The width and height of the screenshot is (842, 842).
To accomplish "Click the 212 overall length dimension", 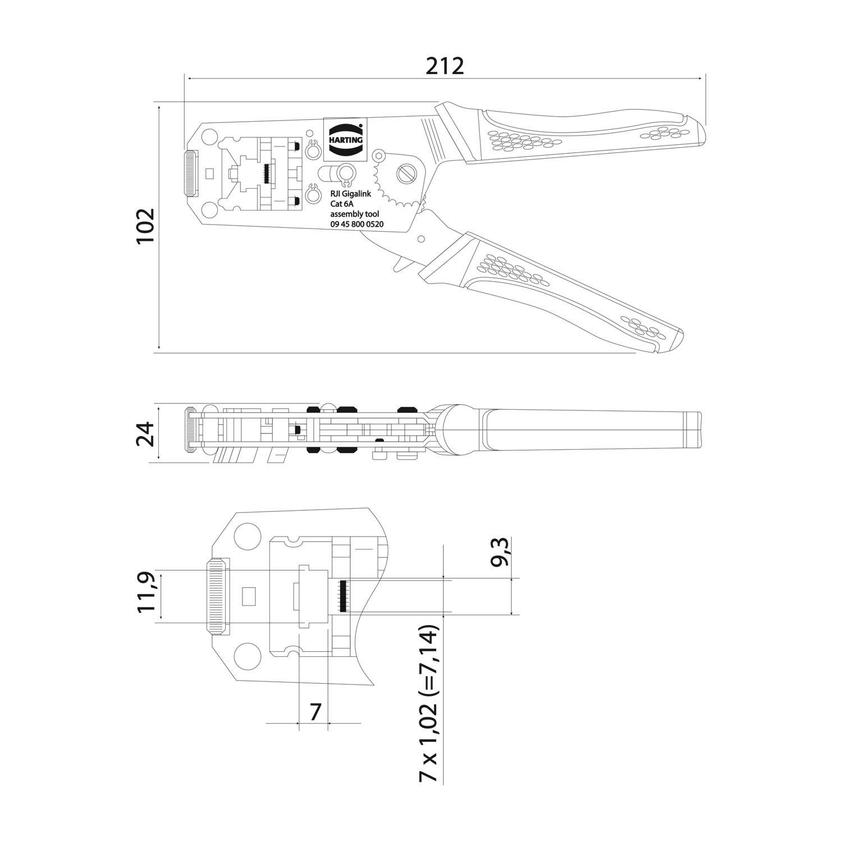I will coord(445,66).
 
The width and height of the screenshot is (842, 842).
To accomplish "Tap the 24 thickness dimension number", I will coord(145,433).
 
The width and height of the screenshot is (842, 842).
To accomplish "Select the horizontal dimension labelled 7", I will coord(315,712).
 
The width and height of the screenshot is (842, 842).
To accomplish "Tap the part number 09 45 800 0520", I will coord(356,224).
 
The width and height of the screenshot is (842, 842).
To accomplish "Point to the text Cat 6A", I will coord(341,204).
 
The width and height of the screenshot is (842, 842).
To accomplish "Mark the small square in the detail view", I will coord(248,596).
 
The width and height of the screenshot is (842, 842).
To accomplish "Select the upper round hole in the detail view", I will coord(245,536).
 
